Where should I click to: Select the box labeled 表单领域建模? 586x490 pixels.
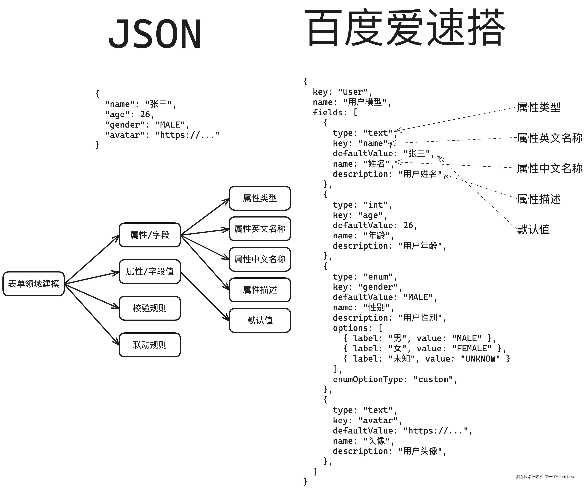point(33,284)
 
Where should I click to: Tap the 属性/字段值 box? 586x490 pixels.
point(150,271)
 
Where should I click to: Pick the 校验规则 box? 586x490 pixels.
point(150,308)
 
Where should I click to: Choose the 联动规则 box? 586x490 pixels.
point(150,345)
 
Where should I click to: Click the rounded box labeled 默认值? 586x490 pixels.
point(260,320)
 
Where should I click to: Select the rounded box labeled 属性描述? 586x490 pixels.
point(260,290)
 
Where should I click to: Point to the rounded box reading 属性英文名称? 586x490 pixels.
point(260,229)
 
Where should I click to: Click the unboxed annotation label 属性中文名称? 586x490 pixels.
point(550,168)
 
